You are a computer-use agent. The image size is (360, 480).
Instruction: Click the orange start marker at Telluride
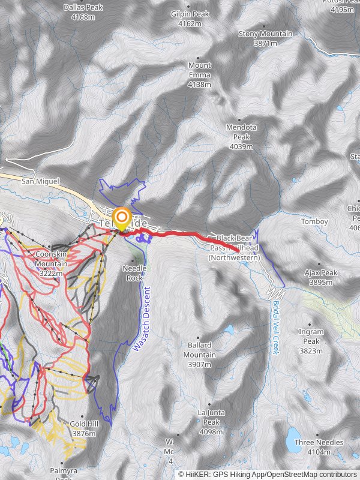click(x=122, y=217)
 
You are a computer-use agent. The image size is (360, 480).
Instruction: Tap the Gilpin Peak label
click(x=190, y=19)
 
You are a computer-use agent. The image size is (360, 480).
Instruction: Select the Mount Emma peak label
click(x=200, y=74)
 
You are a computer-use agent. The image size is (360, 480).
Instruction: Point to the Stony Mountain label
click(x=265, y=38)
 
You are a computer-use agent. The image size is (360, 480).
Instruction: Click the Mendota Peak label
click(x=241, y=136)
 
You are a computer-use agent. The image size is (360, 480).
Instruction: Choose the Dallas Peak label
click(x=83, y=12)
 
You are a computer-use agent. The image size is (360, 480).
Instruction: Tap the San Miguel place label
click(x=41, y=181)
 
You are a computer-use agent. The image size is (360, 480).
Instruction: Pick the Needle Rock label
click(x=134, y=273)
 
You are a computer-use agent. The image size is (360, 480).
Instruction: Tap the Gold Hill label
click(x=83, y=428)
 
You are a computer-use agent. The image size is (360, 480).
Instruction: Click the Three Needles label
click(x=319, y=446)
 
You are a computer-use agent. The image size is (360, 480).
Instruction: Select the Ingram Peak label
click(x=311, y=340)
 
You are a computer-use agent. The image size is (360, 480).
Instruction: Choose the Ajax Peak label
click(x=321, y=277)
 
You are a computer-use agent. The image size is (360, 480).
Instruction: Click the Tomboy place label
click(x=314, y=221)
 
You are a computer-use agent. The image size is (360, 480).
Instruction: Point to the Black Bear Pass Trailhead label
click(x=234, y=248)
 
